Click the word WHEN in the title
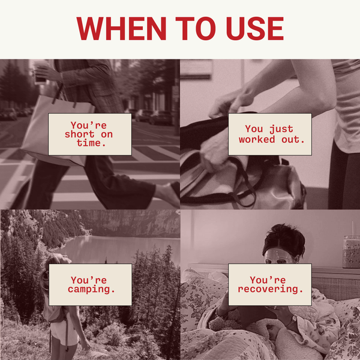(121, 28)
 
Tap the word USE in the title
(255, 28)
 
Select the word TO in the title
(196, 28)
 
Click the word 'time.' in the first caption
(91, 143)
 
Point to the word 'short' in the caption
(79, 134)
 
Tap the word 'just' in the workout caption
(281, 129)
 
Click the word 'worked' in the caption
(257, 140)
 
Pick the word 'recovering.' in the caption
(270, 289)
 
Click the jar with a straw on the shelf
(351, 251)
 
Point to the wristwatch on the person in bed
(294, 320)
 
